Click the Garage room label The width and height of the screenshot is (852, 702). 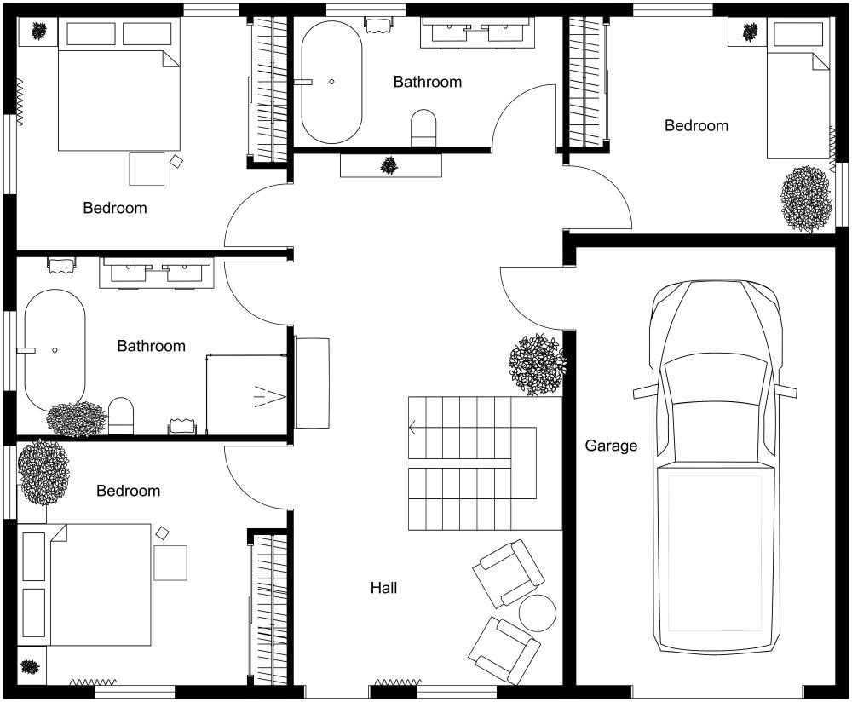coord(611,446)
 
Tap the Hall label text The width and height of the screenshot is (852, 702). coord(383,588)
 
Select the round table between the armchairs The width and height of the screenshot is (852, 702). coord(538,611)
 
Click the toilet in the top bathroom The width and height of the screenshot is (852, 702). coord(423,128)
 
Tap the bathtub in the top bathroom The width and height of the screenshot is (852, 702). coord(331,82)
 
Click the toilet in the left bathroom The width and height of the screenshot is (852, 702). coord(121,416)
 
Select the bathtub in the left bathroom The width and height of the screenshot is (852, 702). coord(55,349)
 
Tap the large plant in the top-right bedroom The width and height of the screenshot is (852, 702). coord(806,199)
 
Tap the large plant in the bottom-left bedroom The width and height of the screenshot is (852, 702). coord(43,472)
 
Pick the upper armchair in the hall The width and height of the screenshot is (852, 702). coord(509,572)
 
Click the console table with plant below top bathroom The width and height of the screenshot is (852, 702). coord(391,165)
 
